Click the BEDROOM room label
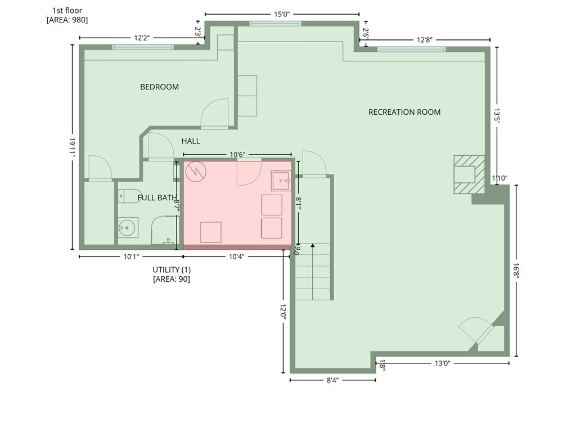tap(159, 87)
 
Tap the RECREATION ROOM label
tap(404, 112)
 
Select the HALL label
tap(191, 141)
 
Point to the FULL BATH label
tap(157, 197)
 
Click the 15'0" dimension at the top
tap(282, 14)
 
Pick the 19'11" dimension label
tap(72, 148)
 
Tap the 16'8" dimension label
tap(516, 271)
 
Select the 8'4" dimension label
tap(332, 380)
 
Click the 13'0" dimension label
tap(442, 363)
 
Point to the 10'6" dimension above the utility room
tap(237, 155)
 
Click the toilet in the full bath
tap(130, 196)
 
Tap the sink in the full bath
tap(128, 228)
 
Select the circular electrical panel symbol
tap(196, 172)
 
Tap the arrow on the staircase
tap(313, 271)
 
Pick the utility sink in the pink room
tap(281, 181)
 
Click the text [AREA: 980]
tap(67, 20)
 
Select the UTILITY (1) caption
tap(172, 269)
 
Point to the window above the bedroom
tap(143, 47)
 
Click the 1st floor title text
tap(67, 11)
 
